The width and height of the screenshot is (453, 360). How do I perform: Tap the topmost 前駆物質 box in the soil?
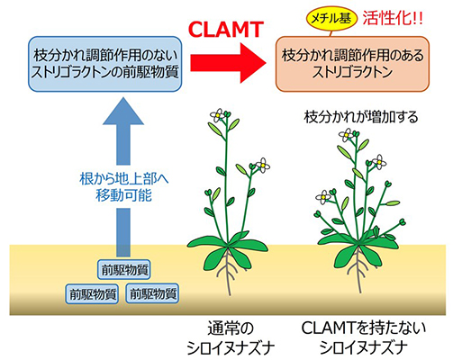(x=123, y=269)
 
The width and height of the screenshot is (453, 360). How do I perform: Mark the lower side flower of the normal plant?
(x=262, y=164)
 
